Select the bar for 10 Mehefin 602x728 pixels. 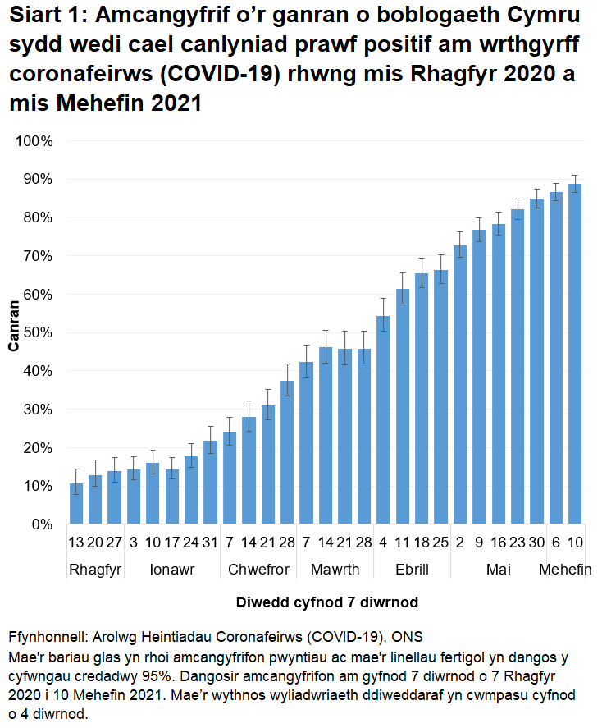(x=576, y=353)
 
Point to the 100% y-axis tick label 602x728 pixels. (x=33, y=141)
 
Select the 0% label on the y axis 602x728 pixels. (x=39, y=524)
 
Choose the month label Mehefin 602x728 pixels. (x=565, y=570)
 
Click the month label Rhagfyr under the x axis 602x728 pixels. (x=96, y=570)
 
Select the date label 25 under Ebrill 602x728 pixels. (x=441, y=544)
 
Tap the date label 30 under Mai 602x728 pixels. (x=537, y=544)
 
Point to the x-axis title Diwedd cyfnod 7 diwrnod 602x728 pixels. (x=327, y=602)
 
